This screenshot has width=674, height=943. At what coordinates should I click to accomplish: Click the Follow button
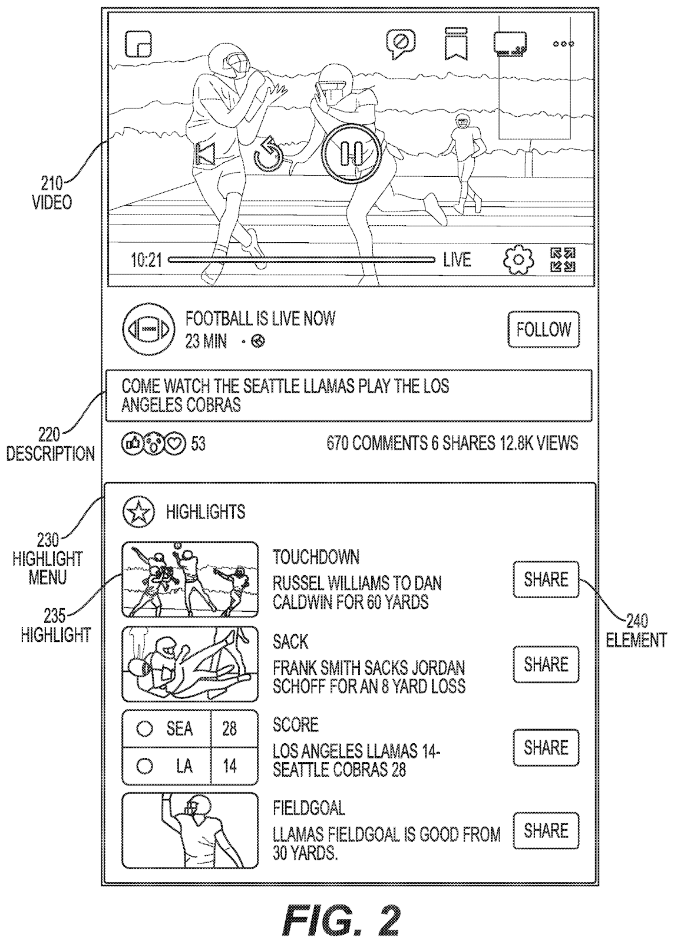543,329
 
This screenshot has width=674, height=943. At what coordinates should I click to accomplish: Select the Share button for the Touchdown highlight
546,579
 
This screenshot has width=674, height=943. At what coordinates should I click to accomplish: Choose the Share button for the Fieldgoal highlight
546,831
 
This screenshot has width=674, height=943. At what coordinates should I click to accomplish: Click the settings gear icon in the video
518,259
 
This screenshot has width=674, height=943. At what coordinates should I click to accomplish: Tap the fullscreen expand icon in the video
563,260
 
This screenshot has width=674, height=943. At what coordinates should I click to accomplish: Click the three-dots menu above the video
563,44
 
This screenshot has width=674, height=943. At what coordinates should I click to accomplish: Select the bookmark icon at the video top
455,42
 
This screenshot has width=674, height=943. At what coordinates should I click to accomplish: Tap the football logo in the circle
149,329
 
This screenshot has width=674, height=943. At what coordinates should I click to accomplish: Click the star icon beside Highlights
138,512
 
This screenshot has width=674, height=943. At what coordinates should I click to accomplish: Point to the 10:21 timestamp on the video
146,260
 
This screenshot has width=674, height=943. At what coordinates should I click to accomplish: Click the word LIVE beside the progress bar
457,259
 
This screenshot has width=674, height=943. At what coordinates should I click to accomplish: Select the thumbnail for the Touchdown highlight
190,579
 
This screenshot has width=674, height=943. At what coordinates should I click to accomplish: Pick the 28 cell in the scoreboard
229,729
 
